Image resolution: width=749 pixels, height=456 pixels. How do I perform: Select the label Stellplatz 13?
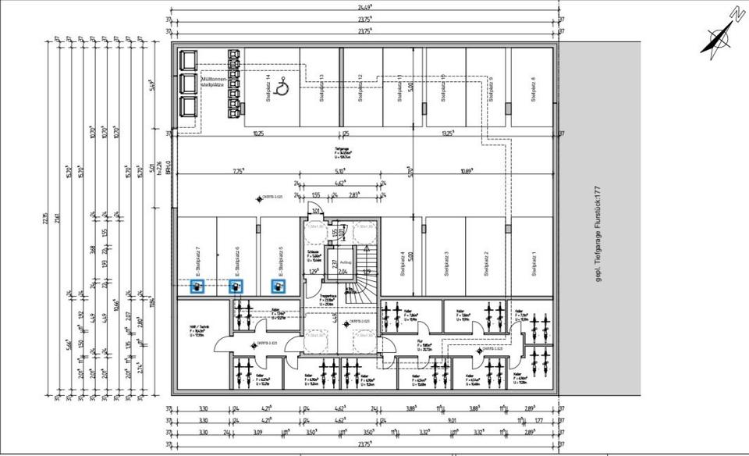click(x=321, y=88)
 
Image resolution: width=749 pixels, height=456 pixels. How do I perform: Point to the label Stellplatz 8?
click(x=533, y=88)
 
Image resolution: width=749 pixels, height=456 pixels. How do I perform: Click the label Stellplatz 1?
click(x=533, y=264)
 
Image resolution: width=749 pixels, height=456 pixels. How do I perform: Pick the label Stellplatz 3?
click(x=446, y=264)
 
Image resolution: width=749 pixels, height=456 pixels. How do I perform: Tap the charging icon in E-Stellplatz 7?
click(x=198, y=287)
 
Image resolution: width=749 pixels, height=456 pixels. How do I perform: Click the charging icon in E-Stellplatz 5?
click(x=277, y=287)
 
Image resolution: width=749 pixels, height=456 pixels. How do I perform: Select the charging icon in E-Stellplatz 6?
click(x=235, y=287)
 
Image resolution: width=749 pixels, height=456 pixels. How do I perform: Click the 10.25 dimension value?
click(x=258, y=134)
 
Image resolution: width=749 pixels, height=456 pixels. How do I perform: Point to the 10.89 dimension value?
click(x=467, y=171)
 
